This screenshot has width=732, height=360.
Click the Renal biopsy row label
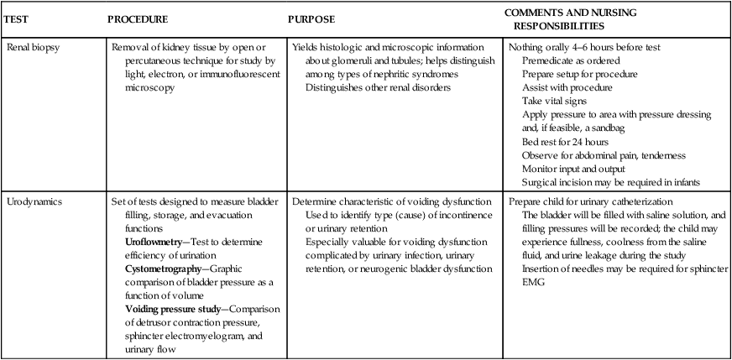pos(34,47)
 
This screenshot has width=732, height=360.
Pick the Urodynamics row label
pos(34,202)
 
